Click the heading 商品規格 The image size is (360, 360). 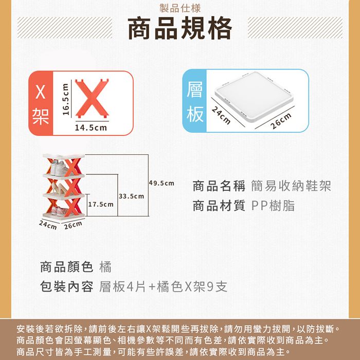point(180,28)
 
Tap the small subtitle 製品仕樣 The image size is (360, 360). point(180,8)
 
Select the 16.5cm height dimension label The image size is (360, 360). point(66,99)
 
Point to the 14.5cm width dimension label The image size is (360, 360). point(91,128)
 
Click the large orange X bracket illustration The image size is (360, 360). point(92,98)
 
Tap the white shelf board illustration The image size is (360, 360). point(254,97)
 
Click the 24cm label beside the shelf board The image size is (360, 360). point(221,116)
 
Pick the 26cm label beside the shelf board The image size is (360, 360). point(281,121)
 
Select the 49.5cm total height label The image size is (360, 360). point(161,183)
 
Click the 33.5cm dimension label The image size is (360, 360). point(132,196)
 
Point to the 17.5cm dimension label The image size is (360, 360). point(101,204)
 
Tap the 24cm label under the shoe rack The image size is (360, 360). point(48,225)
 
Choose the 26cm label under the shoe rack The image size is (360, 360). point(73,225)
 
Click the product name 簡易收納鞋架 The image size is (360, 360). point(291,186)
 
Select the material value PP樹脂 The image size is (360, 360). point(273,206)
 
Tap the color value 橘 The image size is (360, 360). point(105,267)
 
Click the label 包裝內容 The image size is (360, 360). point(66,286)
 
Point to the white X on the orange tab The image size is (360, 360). point(41,92)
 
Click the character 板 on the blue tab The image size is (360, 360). point(195,114)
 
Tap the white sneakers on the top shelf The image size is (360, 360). point(59,168)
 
